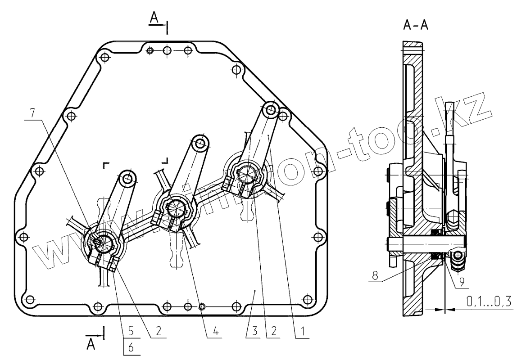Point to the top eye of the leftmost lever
point(127,179)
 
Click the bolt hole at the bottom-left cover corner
point(30,299)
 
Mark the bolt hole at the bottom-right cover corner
point(308,299)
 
